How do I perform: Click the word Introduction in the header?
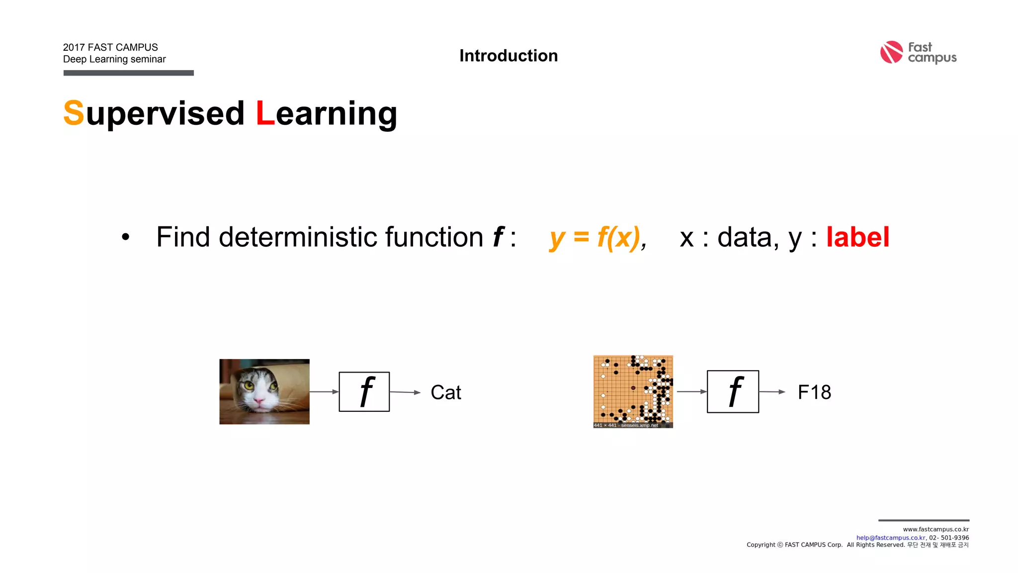[508, 56]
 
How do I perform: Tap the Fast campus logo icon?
[891, 52]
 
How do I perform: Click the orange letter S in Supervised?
[74, 113]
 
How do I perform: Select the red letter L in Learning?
[265, 113]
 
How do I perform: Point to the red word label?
[857, 237]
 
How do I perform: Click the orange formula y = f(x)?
[594, 237]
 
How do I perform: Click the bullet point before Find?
[125, 238]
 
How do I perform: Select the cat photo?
[264, 391]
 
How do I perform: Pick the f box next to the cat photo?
[364, 391]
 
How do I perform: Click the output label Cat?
[445, 392]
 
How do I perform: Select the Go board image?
[633, 391]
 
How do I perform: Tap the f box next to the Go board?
[733, 391]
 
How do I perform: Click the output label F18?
[814, 392]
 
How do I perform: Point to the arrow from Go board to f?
[691, 391]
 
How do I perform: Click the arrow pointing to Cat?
[405, 392]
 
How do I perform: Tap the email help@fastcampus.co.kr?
[890, 538]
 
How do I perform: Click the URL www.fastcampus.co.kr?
[935, 529]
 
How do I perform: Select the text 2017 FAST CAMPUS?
[110, 47]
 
